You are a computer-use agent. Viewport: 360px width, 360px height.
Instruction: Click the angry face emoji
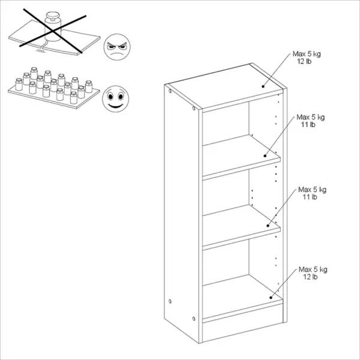117,47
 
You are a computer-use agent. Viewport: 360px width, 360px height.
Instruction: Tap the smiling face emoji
115,99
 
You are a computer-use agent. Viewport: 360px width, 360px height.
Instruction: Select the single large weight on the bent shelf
53,26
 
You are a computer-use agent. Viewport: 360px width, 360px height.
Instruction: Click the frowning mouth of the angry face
116,55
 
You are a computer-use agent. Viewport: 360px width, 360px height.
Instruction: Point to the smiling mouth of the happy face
115,106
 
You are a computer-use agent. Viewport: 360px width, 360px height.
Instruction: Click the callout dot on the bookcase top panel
263,86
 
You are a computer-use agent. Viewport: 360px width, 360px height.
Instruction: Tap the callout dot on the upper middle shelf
265,155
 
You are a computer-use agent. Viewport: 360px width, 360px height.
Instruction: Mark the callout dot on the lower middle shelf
268,226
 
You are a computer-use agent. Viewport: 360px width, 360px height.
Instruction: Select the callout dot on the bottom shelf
271,298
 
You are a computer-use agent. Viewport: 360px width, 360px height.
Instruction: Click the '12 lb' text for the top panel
304,61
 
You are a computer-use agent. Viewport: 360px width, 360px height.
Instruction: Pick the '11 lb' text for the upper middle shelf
308,124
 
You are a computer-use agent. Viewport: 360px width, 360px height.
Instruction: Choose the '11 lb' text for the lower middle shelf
310,197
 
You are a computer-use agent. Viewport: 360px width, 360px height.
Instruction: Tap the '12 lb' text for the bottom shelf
310,277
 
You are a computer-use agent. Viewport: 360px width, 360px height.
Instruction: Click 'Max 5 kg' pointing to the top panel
307,54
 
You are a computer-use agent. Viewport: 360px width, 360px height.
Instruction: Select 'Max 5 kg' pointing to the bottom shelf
313,269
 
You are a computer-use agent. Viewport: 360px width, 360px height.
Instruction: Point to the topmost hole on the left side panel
170,91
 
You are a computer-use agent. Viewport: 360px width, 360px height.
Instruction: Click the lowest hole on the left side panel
194,319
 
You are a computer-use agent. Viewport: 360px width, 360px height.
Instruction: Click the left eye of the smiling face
110,97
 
